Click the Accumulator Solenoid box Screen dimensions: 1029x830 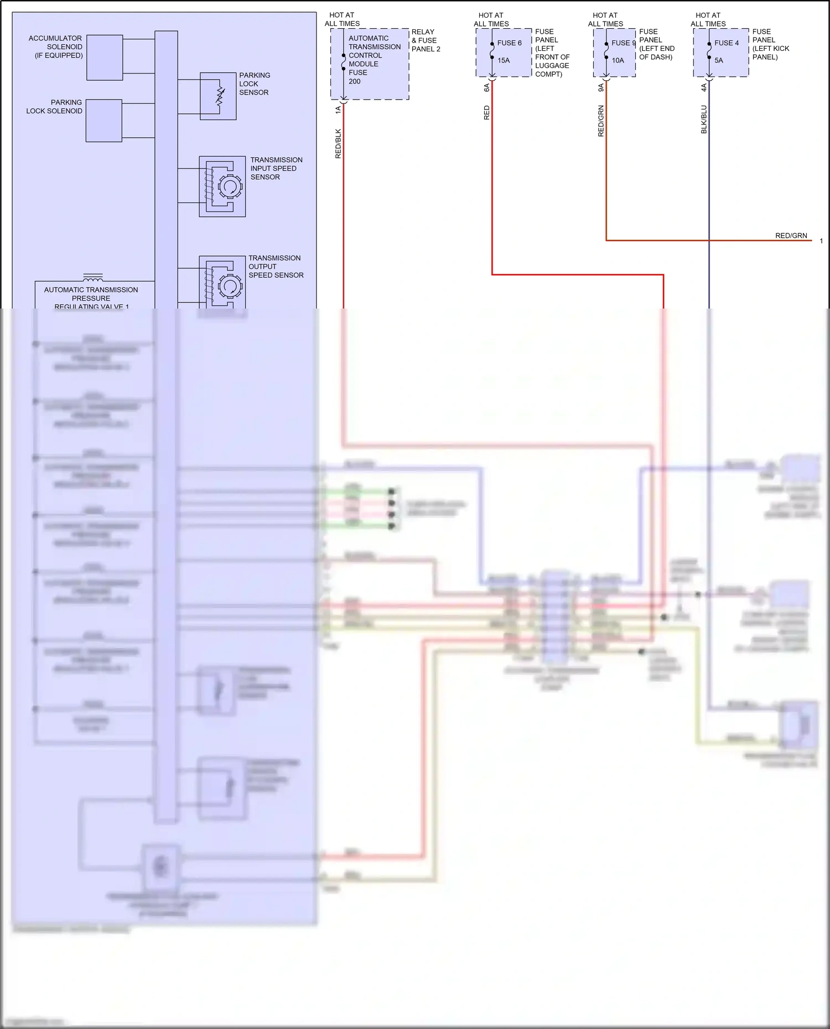click(105, 58)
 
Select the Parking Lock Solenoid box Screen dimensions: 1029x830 click(103, 121)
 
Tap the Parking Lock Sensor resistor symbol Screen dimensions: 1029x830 click(220, 96)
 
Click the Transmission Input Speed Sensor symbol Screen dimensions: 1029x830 click(222, 186)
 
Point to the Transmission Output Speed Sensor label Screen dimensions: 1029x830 click(276, 267)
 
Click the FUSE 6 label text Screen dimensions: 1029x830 click(509, 43)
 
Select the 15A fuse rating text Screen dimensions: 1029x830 click(504, 60)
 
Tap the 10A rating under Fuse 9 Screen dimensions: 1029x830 click(618, 60)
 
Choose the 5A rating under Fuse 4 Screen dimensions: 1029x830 click(719, 60)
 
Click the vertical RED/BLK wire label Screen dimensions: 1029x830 click(338, 144)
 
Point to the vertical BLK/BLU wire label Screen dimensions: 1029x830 click(704, 119)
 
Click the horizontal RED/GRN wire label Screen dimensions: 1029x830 click(791, 236)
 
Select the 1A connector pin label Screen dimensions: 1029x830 click(338, 110)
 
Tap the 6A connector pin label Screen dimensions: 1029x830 click(486, 87)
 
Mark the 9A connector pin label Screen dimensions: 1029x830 click(601, 87)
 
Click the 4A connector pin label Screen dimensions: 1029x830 click(704, 87)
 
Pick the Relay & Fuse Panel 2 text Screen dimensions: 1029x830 click(426, 40)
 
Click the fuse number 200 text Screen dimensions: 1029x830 click(355, 81)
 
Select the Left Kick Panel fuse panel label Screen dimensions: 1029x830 click(770, 44)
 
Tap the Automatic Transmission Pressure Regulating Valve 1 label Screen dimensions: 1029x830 click(91, 298)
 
